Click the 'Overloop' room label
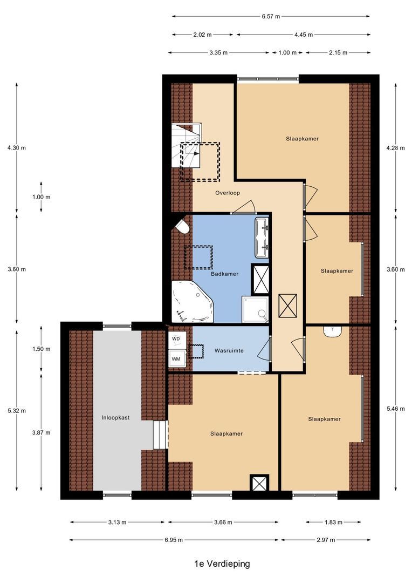[227, 193]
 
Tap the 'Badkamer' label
[224, 274]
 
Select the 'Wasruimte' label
[229, 350]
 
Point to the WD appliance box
[176, 339]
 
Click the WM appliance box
[176, 358]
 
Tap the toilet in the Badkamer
[182, 226]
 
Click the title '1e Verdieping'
[222, 564]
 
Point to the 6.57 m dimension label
[271, 17]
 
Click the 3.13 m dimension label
[116, 522]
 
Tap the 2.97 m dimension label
[325, 540]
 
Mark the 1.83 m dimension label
[333, 522]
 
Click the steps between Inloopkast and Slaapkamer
[160, 435]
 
